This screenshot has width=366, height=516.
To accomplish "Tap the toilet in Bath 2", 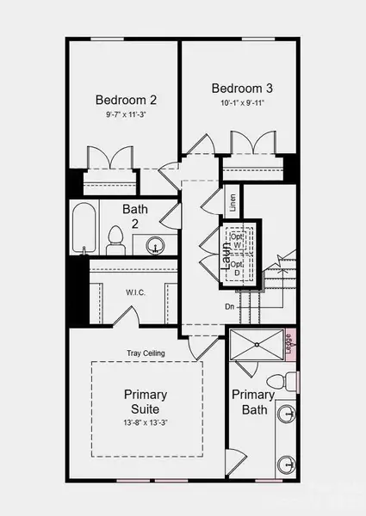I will point(116,240).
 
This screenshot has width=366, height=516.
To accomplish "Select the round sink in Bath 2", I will point(155,245).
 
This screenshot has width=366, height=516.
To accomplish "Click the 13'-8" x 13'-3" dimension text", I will point(146,422).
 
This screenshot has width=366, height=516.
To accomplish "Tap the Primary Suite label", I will point(146,401).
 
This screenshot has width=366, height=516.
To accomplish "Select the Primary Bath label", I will point(252,402).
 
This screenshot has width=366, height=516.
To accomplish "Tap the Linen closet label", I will point(233,203).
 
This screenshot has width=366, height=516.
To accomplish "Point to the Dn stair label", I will point(230,305).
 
